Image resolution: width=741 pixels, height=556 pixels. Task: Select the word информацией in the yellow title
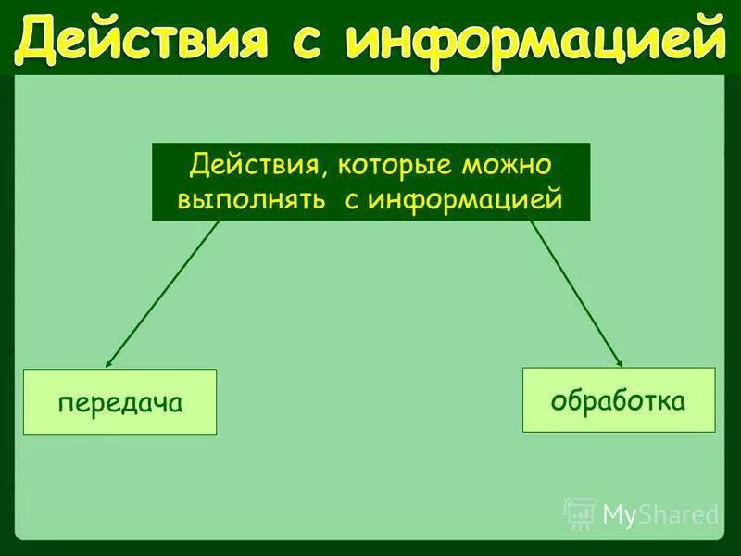(x=535, y=40)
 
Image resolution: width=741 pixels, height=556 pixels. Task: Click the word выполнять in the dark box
(x=249, y=198)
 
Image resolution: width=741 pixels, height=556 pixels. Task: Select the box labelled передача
(x=119, y=402)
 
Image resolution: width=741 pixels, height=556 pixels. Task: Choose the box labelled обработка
(x=619, y=399)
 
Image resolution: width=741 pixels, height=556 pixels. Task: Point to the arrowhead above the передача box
(x=108, y=364)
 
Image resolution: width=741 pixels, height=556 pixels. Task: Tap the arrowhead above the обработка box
(x=620, y=363)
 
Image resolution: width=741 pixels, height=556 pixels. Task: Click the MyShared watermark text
(x=660, y=514)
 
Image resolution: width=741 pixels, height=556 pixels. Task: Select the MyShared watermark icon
(x=581, y=512)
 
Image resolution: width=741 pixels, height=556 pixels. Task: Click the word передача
(x=119, y=403)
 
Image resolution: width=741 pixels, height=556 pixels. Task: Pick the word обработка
(x=619, y=400)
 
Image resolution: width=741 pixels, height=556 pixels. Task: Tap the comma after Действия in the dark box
(x=326, y=177)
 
